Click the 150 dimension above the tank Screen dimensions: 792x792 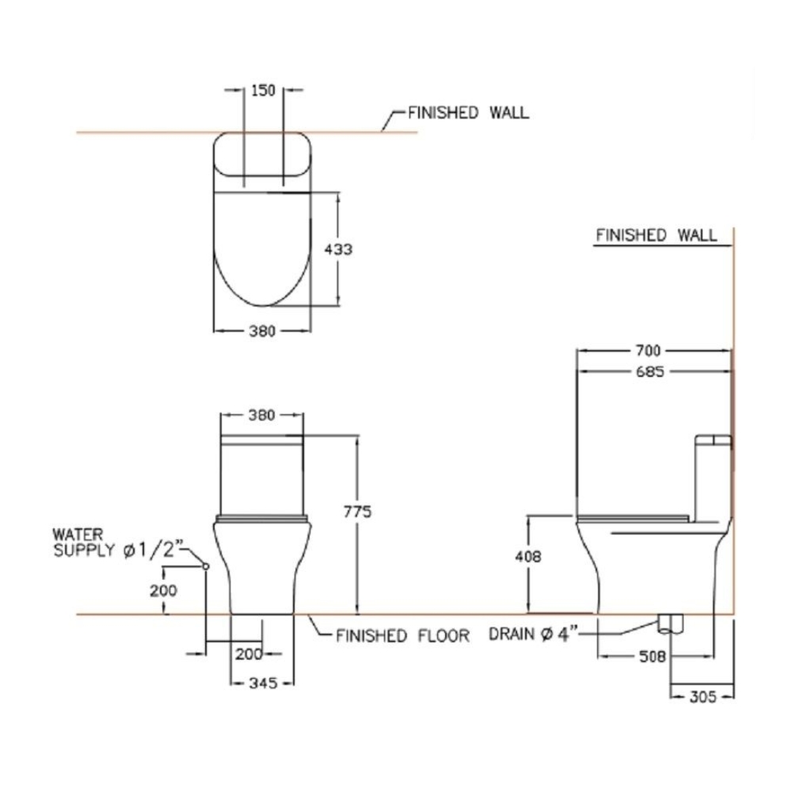pos(263,90)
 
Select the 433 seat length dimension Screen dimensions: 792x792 pos(338,249)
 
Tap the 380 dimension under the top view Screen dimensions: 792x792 pos(262,331)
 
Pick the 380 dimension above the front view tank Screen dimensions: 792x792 pos(261,414)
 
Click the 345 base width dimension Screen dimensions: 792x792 pos(261,683)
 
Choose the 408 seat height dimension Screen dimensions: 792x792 pos(528,557)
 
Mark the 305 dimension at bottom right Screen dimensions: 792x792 pos(702,697)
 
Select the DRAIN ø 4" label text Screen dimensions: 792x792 pos(535,634)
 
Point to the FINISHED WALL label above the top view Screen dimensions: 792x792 pos(468,112)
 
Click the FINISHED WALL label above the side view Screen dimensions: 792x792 pos(656,235)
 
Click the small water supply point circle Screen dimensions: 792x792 pos(205,565)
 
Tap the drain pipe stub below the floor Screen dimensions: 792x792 pos(671,624)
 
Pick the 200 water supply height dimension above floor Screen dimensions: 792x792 pos(163,589)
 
